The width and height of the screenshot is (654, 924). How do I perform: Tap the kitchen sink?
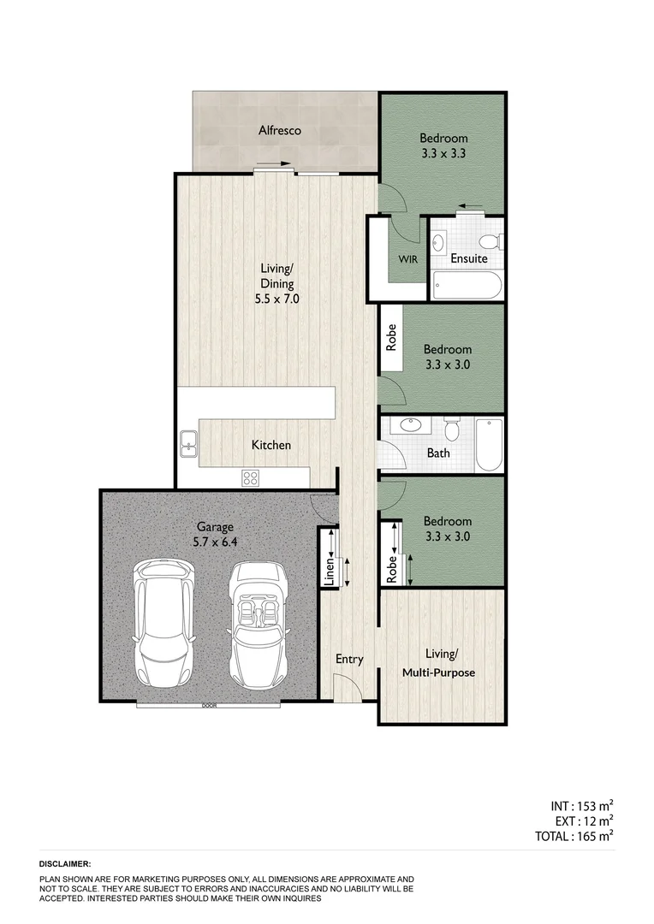coord(189,444)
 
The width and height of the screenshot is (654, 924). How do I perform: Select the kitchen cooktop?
coord(250,478)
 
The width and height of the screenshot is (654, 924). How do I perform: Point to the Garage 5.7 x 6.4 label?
coord(215,535)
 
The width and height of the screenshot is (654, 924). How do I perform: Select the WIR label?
coord(408,258)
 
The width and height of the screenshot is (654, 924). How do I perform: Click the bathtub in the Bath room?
coord(489,445)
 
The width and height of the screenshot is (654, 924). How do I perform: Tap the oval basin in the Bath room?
coord(410,424)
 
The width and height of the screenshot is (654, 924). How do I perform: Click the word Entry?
coord(349,660)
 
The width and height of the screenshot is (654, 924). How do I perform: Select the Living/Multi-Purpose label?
coord(439,664)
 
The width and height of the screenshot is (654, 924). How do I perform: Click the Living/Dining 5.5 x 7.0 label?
coord(276,284)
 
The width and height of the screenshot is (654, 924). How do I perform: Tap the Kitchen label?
coord(271,445)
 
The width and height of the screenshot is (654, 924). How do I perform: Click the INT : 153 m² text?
coord(582,806)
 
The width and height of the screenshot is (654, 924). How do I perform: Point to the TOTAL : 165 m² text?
coord(575,837)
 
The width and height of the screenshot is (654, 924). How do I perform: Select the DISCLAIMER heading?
coord(65,865)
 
